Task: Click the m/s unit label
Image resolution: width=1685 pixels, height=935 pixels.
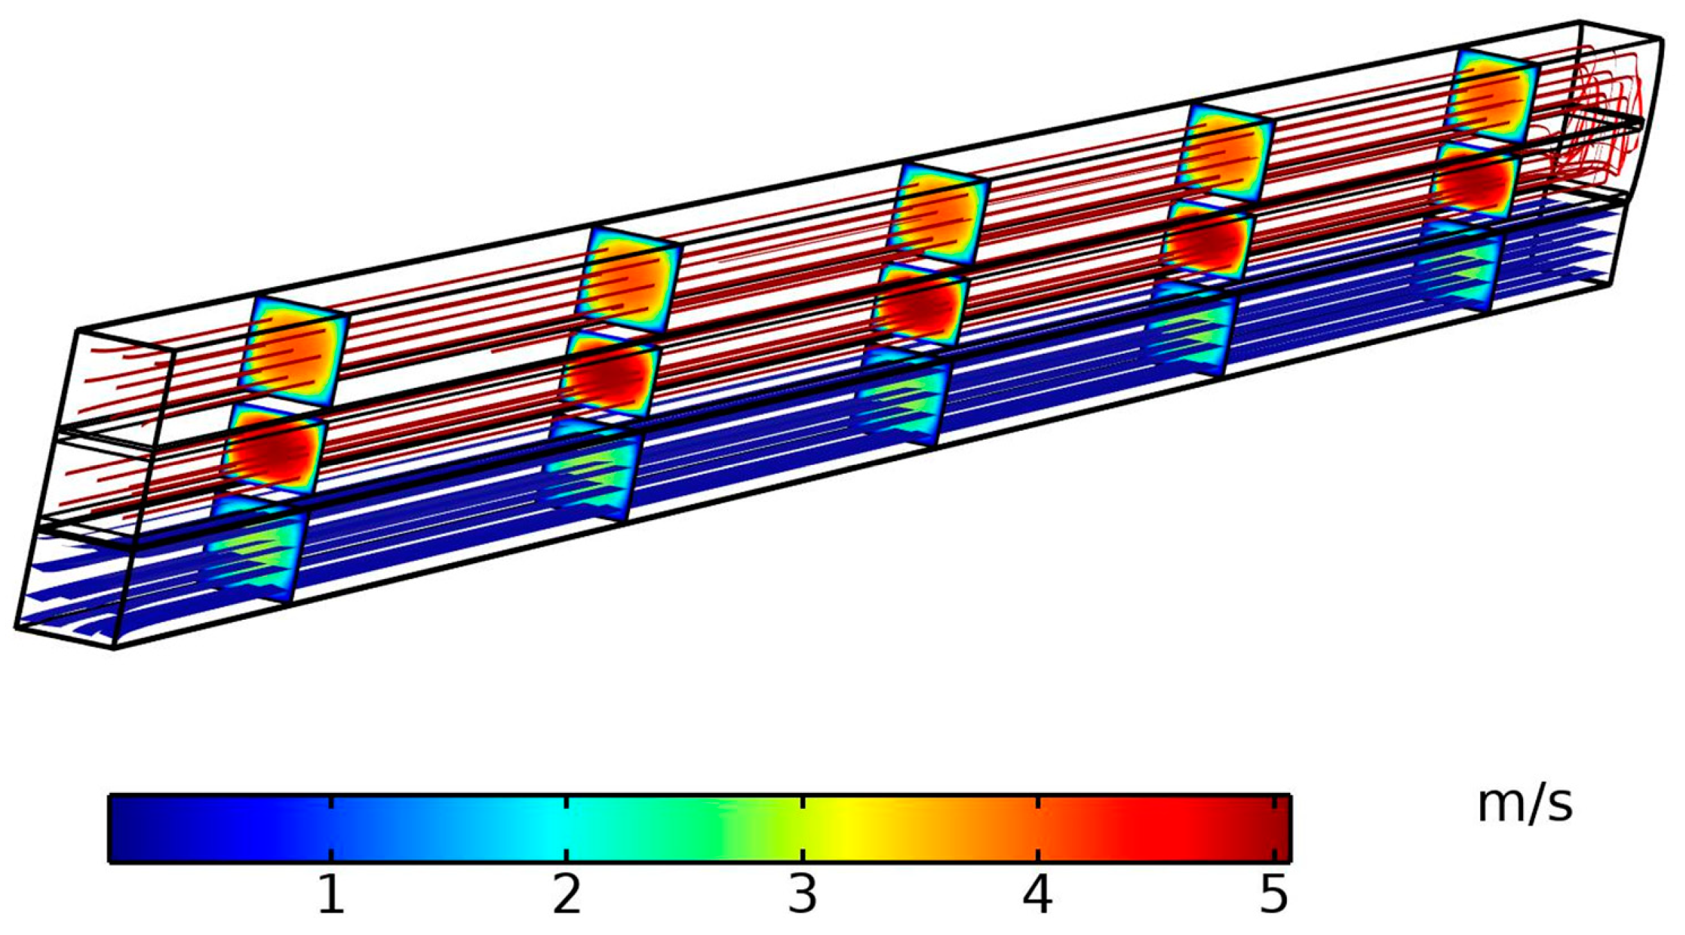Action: click(x=1525, y=805)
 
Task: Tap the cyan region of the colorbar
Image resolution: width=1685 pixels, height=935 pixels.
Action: click(x=554, y=829)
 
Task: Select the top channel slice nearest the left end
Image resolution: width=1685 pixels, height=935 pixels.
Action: click(x=294, y=353)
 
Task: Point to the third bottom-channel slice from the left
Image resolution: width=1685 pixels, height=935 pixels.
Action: click(x=904, y=398)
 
